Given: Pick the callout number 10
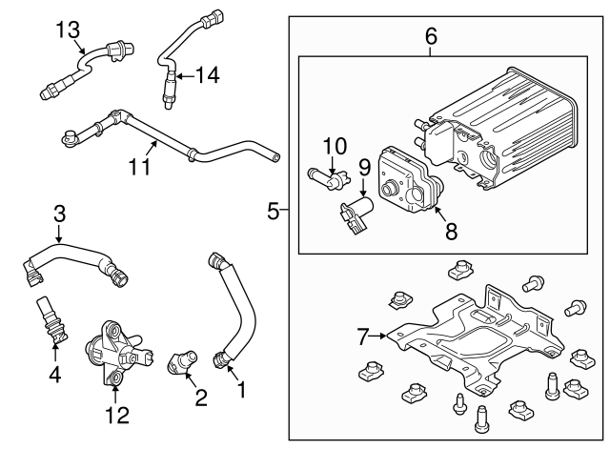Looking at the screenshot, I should click(335, 146).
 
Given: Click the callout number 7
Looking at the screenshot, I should click(361, 335).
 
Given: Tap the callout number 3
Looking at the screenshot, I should click(59, 212).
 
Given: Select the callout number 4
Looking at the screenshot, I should click(54, 375).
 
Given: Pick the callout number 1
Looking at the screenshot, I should click(240, 389).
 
